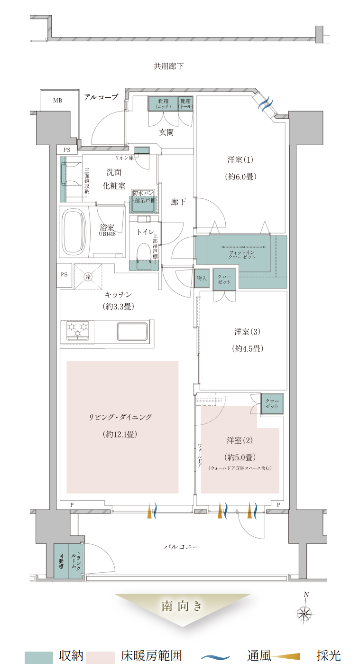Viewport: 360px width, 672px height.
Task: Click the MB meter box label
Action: click(x=57, y=101)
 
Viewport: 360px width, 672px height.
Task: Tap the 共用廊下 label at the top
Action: click(x=168, y=66)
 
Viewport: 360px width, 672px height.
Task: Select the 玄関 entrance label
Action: click(x=166, y=132)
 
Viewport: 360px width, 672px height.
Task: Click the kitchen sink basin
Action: click(x=132, y=331)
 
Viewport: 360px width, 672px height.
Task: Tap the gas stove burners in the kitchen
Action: click(x=78, y=331)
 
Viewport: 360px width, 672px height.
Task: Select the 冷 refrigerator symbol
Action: click(x=88, y=277)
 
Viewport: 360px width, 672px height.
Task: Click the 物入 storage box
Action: click(x=202, y=278)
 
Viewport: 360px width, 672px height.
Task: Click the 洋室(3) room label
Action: click(x=247, y=332)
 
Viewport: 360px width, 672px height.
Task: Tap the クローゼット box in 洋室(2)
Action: click(x=272, y=404)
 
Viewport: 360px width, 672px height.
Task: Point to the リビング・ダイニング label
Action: click(x=120, y=417)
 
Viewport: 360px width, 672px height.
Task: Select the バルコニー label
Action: click(x=181, y=547)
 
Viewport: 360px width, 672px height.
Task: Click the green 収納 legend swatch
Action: click(x=39, y=658)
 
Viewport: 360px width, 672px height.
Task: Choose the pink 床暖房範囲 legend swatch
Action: click(x=101, y=658)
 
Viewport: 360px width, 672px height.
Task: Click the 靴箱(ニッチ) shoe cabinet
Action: click(x=163, y=104)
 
